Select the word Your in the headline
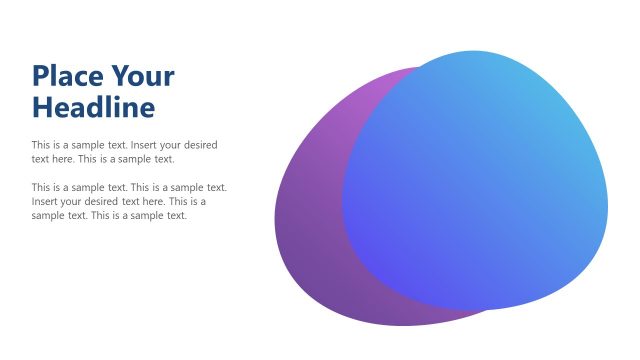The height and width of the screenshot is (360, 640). point(143,76)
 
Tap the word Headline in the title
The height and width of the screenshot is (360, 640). point(93,106)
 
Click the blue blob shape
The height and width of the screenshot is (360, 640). point(480,180)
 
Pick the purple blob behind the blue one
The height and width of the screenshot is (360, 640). point(310,230)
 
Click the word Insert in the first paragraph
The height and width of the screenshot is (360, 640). point(146,145)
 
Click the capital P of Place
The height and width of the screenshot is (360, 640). point(40,76)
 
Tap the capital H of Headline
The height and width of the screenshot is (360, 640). point(41,106)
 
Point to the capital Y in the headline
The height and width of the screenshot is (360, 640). point(119,76)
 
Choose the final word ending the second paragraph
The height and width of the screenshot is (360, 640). point(176,215)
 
